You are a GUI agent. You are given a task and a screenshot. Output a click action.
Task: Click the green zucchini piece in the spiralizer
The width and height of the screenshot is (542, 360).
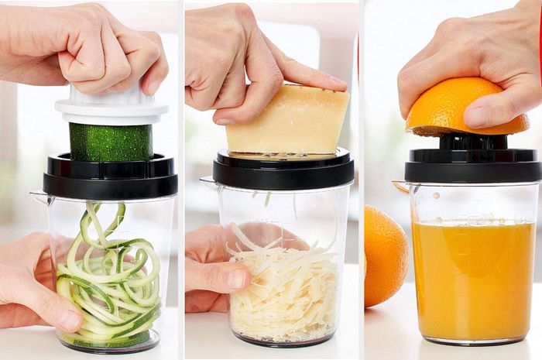(111, 142)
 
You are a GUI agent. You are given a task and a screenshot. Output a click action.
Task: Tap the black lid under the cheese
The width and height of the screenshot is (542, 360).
(283, 171)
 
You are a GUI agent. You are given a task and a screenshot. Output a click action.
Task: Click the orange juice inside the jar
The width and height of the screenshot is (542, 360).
(472, 279)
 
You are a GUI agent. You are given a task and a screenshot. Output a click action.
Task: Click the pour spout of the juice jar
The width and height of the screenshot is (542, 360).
(400, 187)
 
